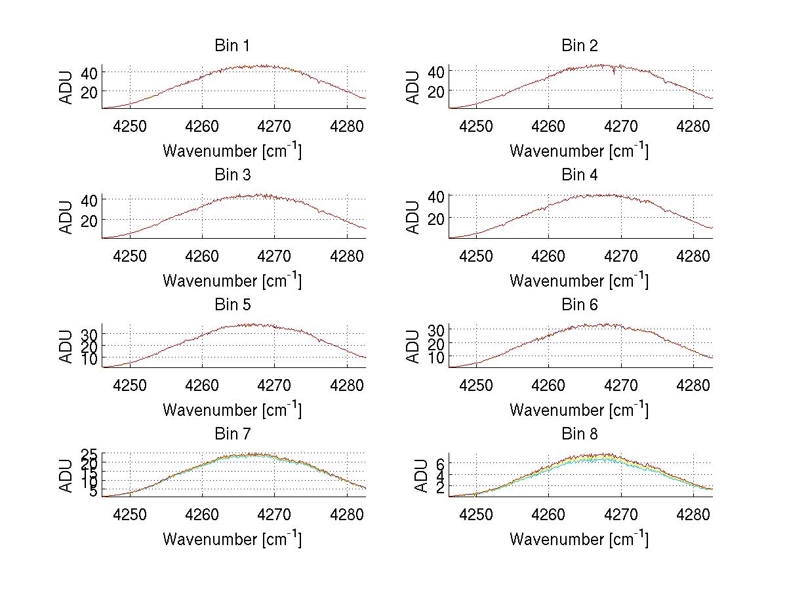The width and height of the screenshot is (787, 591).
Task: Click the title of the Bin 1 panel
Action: tap(232, 46)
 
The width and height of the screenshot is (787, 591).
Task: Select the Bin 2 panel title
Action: tap(580, 46)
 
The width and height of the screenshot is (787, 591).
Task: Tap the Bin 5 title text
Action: tap(232, 305)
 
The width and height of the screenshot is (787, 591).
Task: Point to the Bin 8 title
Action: tap(580, 434)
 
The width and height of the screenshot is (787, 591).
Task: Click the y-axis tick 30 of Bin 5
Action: tap(89, 335)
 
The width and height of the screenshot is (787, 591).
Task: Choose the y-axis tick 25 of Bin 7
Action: tap(89, 454)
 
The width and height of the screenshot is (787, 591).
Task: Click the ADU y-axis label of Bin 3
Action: tap(67, 217)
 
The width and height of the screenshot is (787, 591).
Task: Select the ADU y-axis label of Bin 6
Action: tap(414, 346)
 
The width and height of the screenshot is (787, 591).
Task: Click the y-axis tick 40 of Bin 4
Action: tap(436, 195)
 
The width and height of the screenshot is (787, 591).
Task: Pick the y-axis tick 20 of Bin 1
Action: tap(89, 91)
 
